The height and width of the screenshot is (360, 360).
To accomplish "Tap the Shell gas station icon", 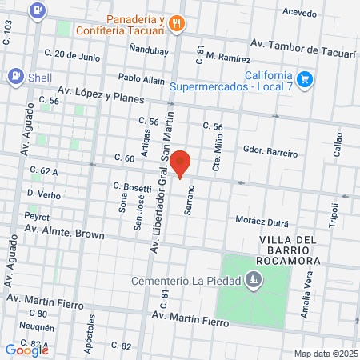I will (14, 76).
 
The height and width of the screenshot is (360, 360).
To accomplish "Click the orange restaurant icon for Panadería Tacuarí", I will (177, 24).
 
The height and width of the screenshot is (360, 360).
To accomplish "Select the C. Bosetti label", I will (131, 186).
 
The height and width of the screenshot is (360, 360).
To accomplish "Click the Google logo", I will (27, 349).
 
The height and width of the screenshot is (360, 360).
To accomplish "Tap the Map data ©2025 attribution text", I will (325, 354).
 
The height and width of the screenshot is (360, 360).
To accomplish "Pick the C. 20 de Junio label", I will (73, 57).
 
